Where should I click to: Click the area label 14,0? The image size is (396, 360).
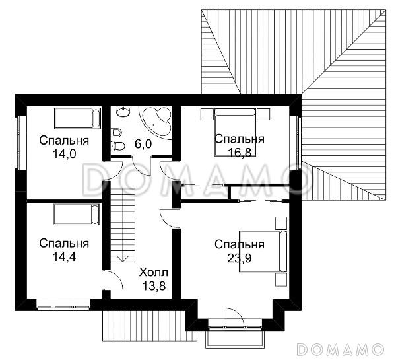[64, 153]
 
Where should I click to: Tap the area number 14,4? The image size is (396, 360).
[64, 256]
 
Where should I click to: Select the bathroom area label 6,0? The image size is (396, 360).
[143, 145]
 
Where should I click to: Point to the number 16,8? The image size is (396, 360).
[240, 152]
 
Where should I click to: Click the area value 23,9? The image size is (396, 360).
[240, 258]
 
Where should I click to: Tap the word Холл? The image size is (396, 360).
[154, 273]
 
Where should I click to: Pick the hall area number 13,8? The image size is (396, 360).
[154, 286]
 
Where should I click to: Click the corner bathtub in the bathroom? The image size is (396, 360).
[156, 122]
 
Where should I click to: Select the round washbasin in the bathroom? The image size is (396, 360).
[123, 111]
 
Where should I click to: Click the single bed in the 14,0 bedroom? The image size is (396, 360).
[77, 118]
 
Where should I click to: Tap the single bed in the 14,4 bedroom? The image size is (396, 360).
[77, 215]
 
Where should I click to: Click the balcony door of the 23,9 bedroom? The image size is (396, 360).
[235, 318]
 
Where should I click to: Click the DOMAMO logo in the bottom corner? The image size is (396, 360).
[340, 349]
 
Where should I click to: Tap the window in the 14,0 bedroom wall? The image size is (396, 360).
[18, 143]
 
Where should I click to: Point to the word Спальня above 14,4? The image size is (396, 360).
[64, 244]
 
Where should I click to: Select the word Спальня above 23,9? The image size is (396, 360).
[240, 244]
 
